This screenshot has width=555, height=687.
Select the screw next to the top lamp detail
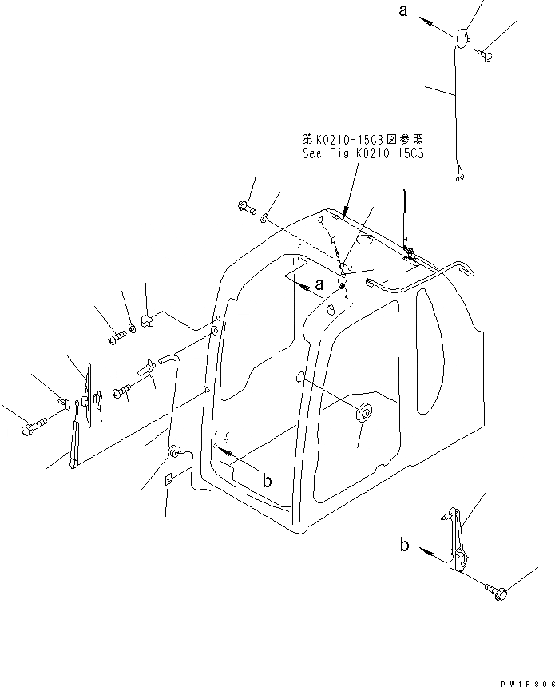click(485, 54)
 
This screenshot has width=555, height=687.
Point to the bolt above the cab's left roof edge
click(245, 208)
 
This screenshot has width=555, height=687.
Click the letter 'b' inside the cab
click(268, 481)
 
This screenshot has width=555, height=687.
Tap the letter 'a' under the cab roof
click(319, 284)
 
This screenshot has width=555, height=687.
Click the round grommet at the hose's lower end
click(172, 451)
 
